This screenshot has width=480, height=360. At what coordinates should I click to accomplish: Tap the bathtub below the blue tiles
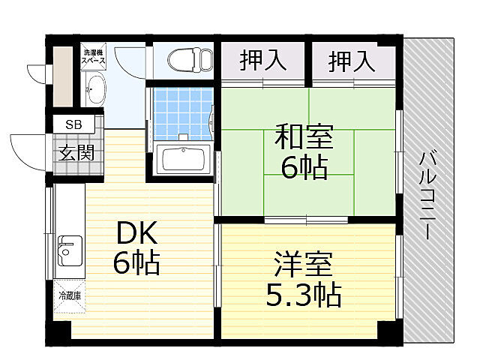click(x=184, y=160)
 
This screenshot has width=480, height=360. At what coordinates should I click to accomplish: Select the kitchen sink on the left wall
click(x=70, y=251)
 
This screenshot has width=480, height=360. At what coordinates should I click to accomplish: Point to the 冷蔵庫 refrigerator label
click(x=70, y=295)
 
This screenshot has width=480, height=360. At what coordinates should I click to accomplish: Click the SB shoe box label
click(x=73, y=124)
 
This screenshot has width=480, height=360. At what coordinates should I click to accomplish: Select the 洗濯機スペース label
click(x=95, y=56)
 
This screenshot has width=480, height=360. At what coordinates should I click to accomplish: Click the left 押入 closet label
click(x=262, y=61)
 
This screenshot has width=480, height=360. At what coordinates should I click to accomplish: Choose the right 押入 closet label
click(x=352, y=61)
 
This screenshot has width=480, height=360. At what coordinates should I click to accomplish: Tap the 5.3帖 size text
click(x=304, y=295)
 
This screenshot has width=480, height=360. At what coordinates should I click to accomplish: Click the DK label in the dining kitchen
click(x=134, y=234)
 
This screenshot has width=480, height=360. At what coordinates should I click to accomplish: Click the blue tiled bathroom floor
click(x=180, y=112)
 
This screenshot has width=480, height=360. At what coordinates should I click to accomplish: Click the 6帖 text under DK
click(x=136, y=263)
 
